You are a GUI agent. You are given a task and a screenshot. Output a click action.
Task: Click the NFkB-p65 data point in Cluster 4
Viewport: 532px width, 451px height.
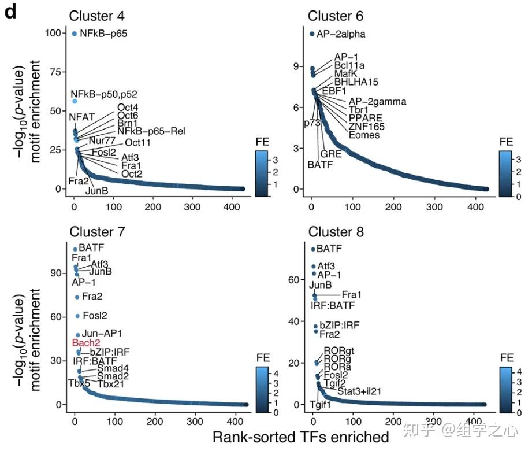tap(74, 34)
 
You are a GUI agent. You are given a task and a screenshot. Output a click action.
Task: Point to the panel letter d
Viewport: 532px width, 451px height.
tap(10, 13)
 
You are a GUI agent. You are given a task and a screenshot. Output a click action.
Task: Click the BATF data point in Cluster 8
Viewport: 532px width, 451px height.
tap(312, 249)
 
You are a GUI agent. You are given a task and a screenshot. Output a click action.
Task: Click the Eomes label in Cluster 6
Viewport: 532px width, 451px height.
tap(364, 135)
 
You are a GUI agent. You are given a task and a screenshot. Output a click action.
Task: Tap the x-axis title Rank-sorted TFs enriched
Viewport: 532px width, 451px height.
tap(300, 436)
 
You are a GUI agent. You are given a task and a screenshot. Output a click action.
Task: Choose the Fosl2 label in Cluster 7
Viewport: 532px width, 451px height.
tap(95, 316)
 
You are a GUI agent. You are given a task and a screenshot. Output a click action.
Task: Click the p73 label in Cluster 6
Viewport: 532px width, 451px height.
tap(312, 123)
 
